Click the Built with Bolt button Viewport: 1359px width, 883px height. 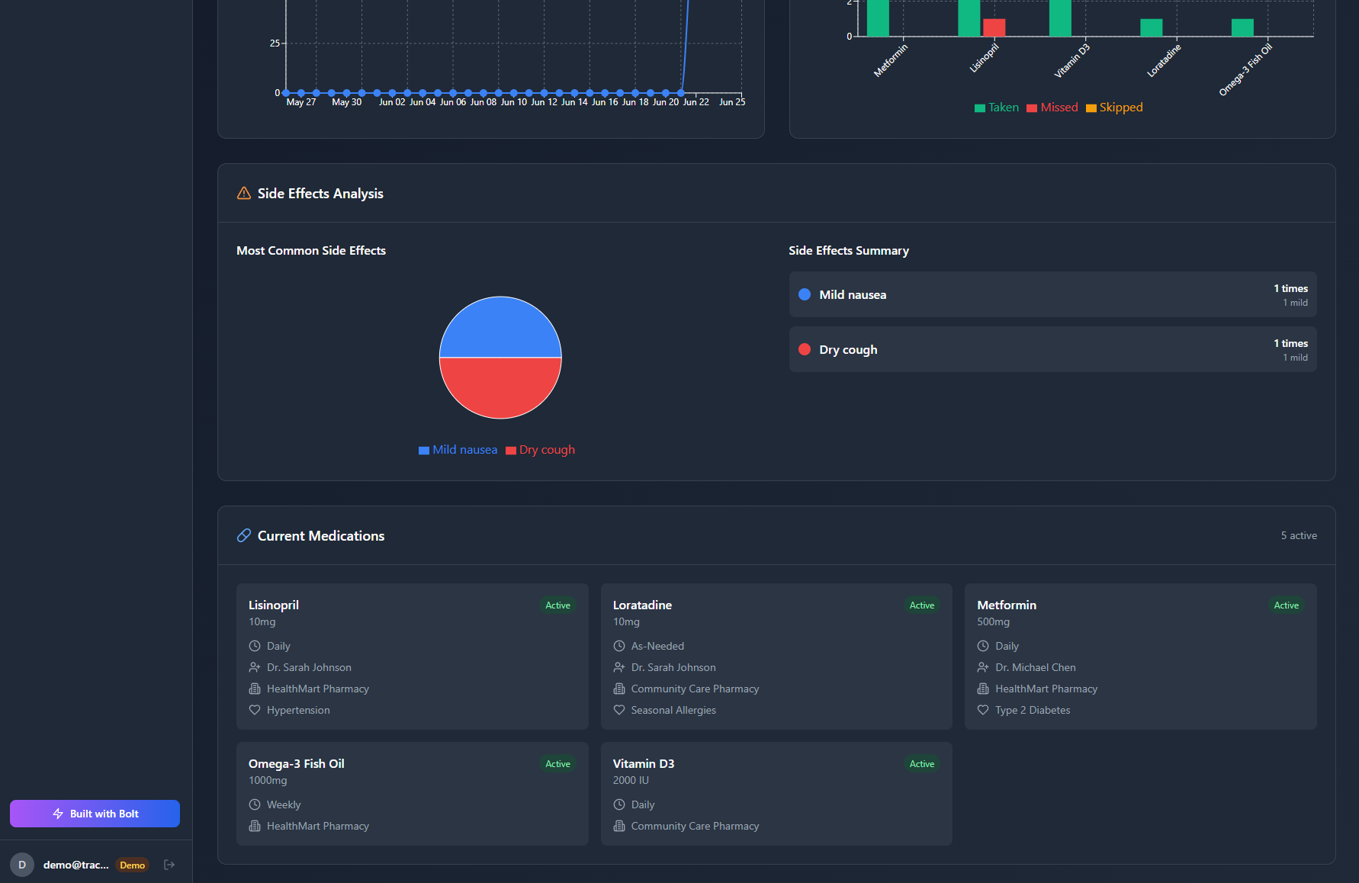95,814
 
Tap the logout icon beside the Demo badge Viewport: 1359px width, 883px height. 169,865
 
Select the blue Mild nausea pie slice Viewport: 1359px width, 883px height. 500,328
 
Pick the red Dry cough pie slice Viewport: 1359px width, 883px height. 500,387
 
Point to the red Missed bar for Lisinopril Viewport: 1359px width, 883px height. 994,27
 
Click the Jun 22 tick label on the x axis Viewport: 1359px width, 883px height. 696,102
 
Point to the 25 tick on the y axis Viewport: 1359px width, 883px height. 275,43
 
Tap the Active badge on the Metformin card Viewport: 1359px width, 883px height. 1286,605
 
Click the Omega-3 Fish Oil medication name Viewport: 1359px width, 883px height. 297,763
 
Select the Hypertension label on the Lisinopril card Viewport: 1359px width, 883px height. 298,710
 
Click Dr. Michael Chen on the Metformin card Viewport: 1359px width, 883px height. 1035,667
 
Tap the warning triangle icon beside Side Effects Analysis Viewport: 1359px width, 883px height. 244,194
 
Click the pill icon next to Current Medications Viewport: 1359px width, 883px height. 244,536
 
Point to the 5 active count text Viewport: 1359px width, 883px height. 1299,536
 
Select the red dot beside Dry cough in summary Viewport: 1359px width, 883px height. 805,349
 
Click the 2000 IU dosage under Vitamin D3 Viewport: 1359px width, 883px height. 631,780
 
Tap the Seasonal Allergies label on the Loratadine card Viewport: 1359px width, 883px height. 673,710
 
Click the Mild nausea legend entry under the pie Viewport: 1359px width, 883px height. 458,450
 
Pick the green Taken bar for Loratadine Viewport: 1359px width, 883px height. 1151,27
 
